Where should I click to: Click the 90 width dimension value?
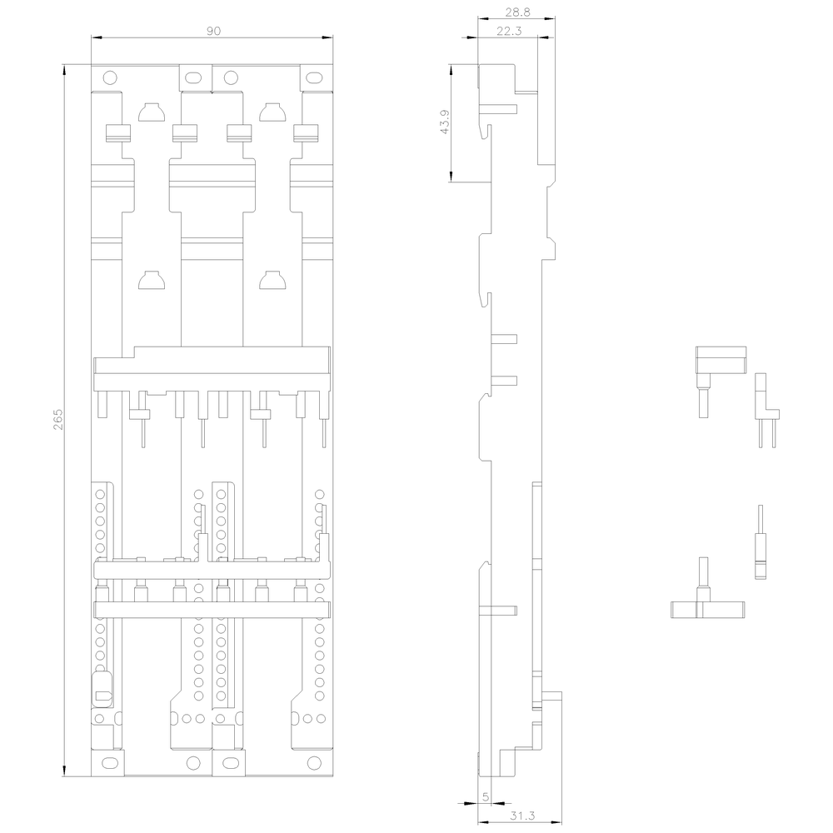tap(213, 31)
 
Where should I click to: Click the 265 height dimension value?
tap(57, 419)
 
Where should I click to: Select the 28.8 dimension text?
tap(517, 12)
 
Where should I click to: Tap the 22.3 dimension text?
tap(509, 31)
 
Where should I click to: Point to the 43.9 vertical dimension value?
tap(445, 122)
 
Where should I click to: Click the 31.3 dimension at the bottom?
tap(522, 816)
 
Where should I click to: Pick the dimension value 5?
tap(485, 797)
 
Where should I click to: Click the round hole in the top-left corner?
tap(109, 78)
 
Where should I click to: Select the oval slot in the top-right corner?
tap(315, 78)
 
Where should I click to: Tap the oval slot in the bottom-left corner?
tap(109, 763)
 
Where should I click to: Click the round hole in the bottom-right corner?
tap(315, 763)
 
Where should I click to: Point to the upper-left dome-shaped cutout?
tap(152, 112)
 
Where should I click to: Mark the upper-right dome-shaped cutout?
tap(272, 112)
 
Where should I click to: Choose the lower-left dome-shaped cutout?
tap(152, 280)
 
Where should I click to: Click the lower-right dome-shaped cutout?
tap(272, 280)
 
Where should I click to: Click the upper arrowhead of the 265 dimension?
tap(64, 69)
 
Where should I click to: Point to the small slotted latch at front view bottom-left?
tap(102, 689)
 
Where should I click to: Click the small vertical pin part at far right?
tap(761, 542)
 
